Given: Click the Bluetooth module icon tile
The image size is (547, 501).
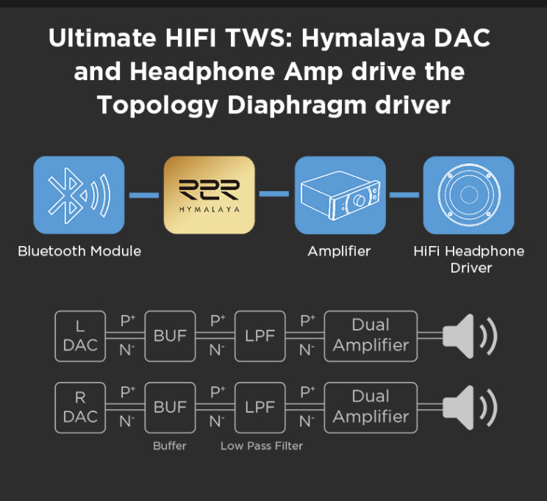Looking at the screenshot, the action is (79, 194).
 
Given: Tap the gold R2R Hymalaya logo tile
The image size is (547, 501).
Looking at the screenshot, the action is (210, 194).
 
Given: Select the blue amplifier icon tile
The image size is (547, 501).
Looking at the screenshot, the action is (340, 194).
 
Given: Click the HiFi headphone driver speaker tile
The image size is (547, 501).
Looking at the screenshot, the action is (468, 194).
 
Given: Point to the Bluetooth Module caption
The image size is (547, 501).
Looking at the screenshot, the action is (79, 251).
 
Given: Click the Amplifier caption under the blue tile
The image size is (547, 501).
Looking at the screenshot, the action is (339, 251).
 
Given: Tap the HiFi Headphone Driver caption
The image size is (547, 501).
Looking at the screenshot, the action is (469, 259).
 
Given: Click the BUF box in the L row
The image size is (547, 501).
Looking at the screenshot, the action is (170, 336).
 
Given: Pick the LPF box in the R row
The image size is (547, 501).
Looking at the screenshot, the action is (260, 407).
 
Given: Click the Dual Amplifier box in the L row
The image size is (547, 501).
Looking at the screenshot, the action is (371, 336).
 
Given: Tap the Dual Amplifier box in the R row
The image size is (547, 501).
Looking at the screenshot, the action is (371, 407).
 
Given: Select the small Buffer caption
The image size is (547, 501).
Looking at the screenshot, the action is (170, 446).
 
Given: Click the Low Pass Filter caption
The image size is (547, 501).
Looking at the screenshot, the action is (262, 446).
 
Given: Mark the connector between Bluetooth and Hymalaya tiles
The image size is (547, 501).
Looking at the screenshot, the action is (144, 195).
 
